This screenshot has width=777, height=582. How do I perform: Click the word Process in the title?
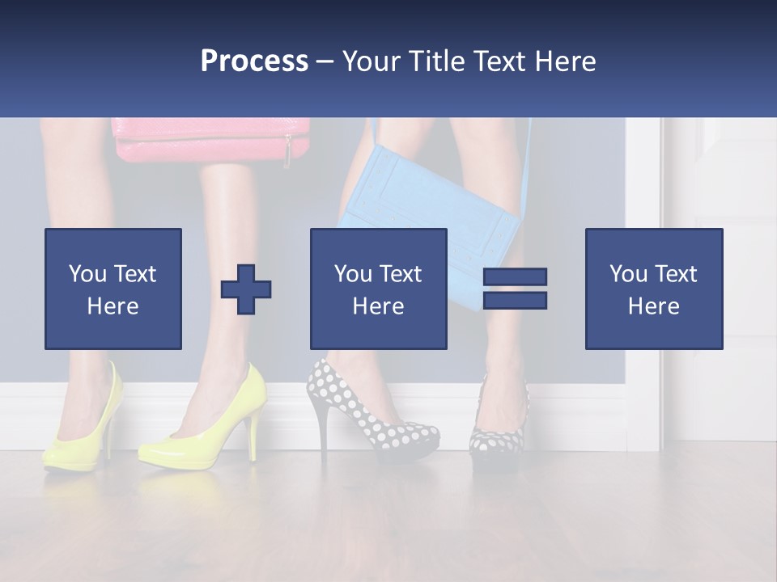[254, 61]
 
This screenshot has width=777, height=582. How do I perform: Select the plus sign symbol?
[246, 289]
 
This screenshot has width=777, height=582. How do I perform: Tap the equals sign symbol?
[515, 289]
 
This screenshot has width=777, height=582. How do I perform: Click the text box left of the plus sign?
[113, 289]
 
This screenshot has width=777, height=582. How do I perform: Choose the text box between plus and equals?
[378, 289]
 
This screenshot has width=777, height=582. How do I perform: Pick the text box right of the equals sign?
[653, 289]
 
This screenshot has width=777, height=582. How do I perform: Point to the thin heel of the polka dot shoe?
[324, 428]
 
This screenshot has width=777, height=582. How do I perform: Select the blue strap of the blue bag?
[528, 162]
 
